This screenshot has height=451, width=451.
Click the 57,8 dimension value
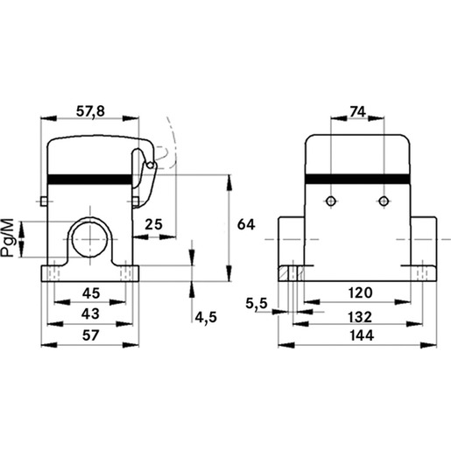coord(90,111)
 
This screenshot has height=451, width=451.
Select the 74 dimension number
coord(357,111)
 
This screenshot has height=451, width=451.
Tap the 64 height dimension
coord(246,224)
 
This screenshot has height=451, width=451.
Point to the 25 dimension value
coord(153,224)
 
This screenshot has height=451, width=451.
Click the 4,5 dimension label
coord(206,317)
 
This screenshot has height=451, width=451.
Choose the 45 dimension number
coord(91,293)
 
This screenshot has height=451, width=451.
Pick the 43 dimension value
coord(90,314)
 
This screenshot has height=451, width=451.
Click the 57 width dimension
coord(90,335)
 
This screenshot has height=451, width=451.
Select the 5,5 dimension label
coord(257,304)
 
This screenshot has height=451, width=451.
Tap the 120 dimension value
coord(361,292)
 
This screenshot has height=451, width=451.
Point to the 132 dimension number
coord(361,317)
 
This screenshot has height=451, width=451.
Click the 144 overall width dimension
coord(362,335)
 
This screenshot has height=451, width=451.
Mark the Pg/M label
coord(8,238)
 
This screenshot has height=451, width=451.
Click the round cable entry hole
coord(89,239)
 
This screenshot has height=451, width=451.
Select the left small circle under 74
coord(331,201)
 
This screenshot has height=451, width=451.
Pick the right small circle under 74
coord(384,201)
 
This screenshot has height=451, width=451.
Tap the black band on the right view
coord(357,180)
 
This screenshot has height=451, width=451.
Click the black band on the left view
coord(89,180)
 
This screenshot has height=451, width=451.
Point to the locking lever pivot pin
coord(151,166)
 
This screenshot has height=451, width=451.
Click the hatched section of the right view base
coord(284,273)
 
